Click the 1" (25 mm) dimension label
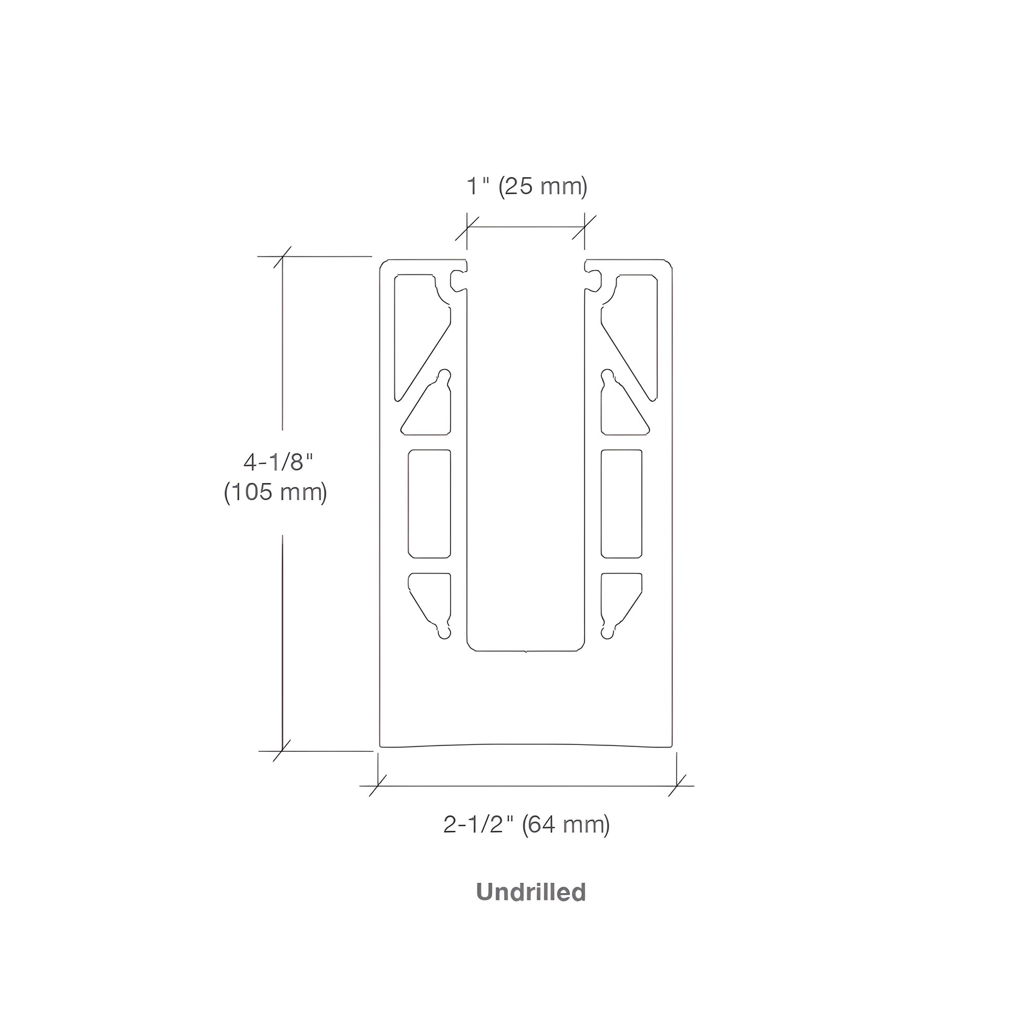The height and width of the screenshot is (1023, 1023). pyautogui.click(x=527, y=187)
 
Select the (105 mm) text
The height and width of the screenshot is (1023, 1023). pyautogui.click(x=275, y=493)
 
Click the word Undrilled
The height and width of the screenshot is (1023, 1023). pyautogui.click(x=531, y=892)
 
